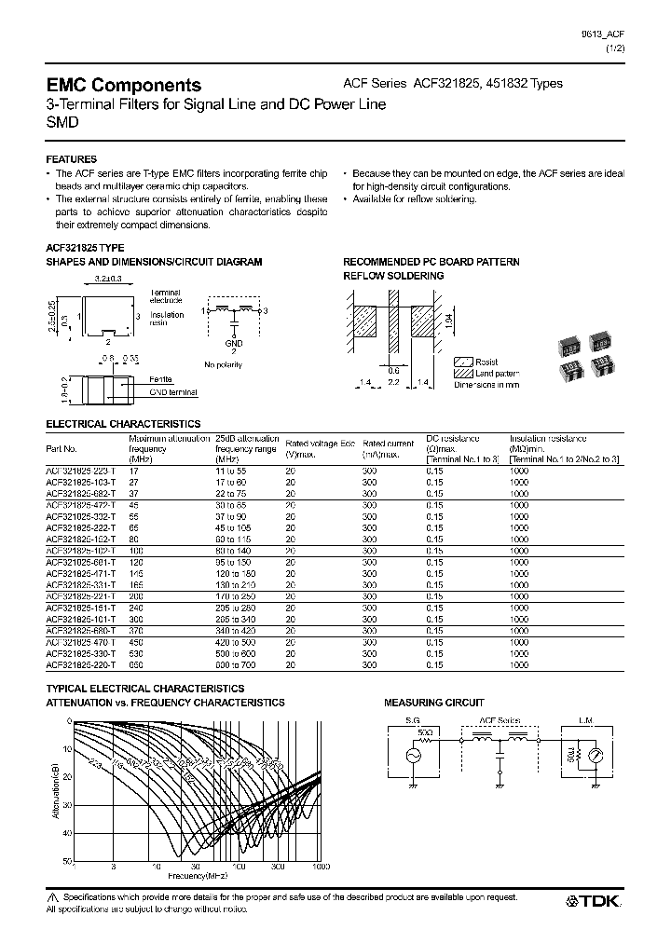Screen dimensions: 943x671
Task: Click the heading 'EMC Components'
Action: tap(124, 85)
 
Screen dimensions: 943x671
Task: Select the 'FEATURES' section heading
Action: tap(72, 159)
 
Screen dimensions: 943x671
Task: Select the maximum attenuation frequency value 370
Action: tap(138, 631)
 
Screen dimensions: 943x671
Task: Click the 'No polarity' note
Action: tap(224, 364)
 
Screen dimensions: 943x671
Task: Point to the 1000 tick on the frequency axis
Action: tap(321, 868)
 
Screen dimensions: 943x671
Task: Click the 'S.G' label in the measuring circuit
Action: tap(411, 720)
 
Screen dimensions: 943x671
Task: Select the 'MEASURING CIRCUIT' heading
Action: tap(434, 703)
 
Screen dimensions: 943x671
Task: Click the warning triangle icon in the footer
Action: tap(51, 895)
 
